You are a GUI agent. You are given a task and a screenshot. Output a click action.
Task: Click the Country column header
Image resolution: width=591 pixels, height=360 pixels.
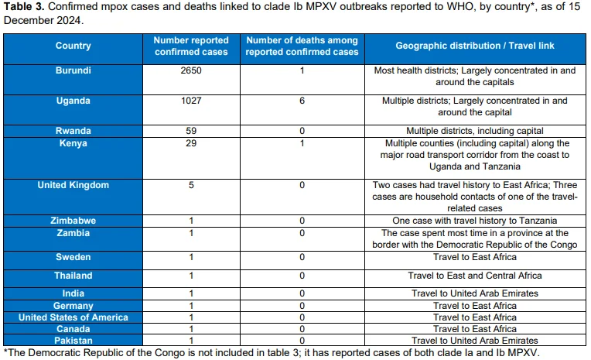point(73,46)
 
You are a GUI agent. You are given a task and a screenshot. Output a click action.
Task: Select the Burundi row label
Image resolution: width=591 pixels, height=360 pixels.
point(73,70)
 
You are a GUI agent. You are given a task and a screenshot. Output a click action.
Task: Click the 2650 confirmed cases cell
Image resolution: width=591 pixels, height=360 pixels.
point(191,70)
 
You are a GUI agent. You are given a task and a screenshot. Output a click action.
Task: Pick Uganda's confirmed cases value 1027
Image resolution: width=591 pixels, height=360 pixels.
point(191,101)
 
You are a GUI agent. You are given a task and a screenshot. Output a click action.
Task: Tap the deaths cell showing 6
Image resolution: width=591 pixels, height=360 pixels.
point(302,101)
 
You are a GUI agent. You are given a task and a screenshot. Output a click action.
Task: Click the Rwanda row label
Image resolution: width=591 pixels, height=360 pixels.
point(73,131)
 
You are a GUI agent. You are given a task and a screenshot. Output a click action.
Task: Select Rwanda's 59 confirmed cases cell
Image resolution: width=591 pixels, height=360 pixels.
point(191,131)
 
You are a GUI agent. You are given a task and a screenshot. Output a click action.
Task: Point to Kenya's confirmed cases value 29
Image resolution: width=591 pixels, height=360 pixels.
point(191,143)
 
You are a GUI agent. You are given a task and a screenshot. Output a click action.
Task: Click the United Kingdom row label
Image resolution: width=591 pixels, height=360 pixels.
point(73,185)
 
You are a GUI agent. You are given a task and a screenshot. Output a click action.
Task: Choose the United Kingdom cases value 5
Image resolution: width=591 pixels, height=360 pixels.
point(191,185)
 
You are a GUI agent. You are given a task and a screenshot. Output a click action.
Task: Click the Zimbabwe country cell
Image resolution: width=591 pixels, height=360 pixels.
point(73,221)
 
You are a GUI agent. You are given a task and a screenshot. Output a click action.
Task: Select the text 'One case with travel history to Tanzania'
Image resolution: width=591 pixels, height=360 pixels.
point(474,221)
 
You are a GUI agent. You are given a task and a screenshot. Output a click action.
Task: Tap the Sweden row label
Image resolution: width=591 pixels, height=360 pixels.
point(73,257)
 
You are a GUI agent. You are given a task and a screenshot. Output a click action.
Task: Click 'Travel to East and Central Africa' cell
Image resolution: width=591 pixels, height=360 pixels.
point(474,276)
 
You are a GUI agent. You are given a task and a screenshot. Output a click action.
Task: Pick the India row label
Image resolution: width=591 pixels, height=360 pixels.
point(73,293)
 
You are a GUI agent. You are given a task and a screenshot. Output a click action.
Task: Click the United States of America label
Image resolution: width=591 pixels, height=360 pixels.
point(73,317)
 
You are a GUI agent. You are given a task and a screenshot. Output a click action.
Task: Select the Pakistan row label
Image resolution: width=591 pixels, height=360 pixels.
point(73,341)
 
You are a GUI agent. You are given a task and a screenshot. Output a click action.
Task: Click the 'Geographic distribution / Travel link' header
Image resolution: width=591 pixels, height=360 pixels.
point(474,46)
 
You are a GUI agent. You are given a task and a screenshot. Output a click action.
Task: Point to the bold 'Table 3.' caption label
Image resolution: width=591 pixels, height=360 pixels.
point(24,6)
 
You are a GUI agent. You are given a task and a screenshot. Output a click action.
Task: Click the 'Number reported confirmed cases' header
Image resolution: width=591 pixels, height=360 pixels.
point(191,46)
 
